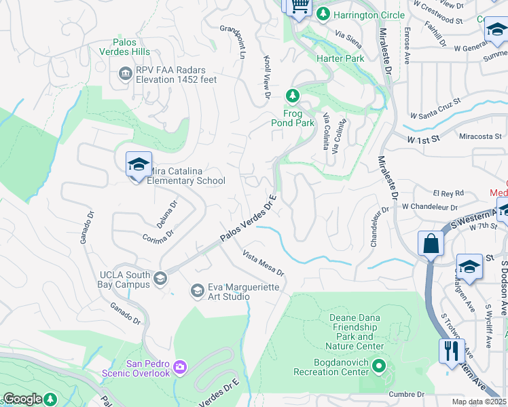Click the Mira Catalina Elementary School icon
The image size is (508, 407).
(x=139, y=164)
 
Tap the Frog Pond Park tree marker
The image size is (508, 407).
(x=293, y=96)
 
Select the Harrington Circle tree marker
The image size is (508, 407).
(x=324, y=14)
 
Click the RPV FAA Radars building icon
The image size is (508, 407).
(x=125, y=73)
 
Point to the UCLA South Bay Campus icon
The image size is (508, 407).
(x=160, y=278)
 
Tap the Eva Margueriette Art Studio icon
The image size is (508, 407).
(x=197, y=290)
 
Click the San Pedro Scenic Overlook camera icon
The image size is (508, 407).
(x=179, y=367)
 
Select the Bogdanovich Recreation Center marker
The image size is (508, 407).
(x=379, y=368)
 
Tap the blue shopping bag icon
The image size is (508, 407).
(x=431, y=243)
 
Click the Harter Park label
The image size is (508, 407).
(x=340, y=58)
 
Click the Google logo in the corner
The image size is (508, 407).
(x=22, y=399)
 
